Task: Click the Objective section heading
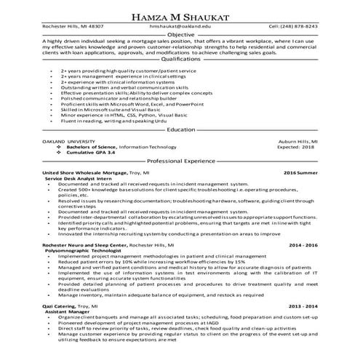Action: (180, 34)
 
